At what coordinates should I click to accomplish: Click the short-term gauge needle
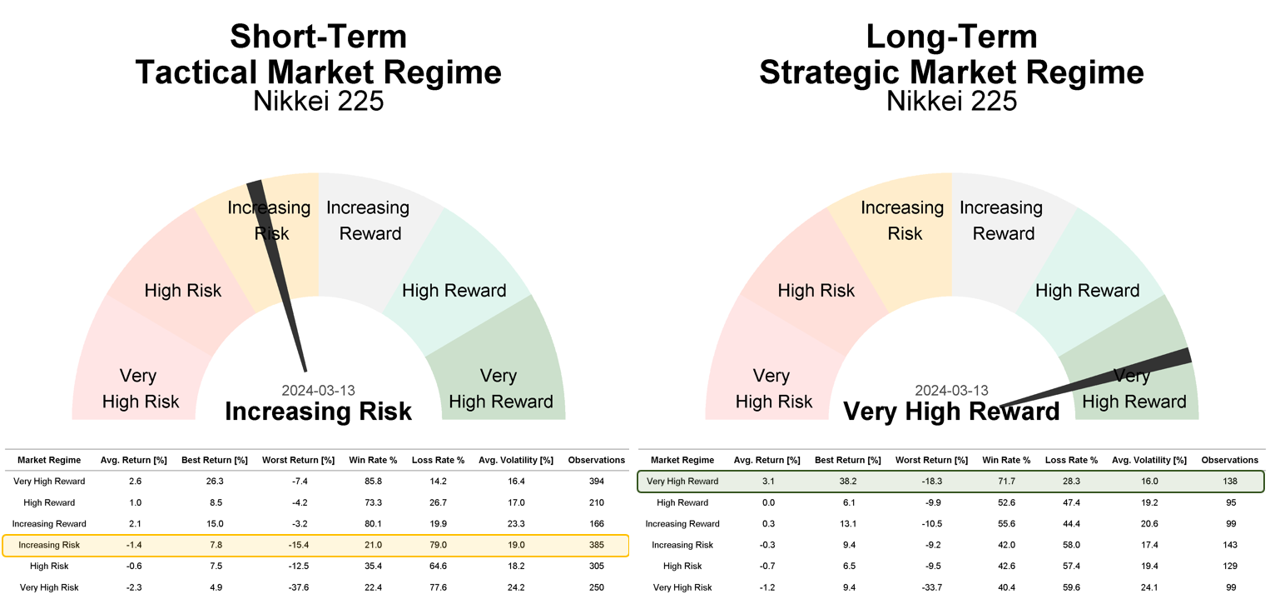click(276, 277)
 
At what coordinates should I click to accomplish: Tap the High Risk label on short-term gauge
click(182, 291)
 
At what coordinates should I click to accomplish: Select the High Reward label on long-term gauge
click(1087, 291)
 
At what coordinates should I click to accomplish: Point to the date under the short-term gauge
click(318, 391)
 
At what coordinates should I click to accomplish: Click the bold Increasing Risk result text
click(318, 412)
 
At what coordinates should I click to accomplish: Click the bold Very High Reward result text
click(951, 412)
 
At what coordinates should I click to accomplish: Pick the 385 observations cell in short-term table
click(597, 545)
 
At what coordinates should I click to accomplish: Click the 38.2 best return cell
click(847, 482)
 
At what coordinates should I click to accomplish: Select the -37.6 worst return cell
click(298, 587)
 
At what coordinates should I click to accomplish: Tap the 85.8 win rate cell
click(373, 482)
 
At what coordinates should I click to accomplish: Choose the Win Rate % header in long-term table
click(1006, 461)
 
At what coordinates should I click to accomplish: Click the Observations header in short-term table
click(597, 461)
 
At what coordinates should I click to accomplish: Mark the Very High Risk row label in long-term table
click(682, 587)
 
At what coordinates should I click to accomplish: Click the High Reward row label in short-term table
click(49, 503)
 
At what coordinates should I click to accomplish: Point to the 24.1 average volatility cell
click(1149, 587)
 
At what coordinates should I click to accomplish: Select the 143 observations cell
click(1230, 545)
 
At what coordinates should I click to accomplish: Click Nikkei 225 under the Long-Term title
click(951, 102)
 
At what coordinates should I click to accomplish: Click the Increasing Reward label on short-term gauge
click(369, 220)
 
